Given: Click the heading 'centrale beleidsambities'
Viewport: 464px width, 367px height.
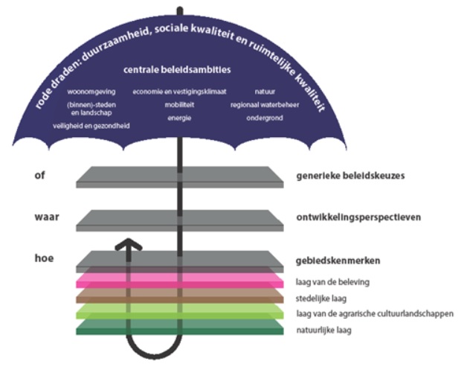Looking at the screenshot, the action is click(x=177, y=70).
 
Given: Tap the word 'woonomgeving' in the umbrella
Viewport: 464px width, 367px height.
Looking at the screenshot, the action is click(x=91, y=92).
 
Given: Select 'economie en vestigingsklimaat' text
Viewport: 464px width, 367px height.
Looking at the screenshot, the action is click(x=179, y=92).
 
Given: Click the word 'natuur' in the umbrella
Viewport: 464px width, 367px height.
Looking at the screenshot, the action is click(x=265, y=92).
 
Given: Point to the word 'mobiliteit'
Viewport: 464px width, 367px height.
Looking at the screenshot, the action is click(x=179, y=105).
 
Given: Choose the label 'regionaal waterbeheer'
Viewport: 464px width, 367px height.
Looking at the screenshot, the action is click(x=265, y=105).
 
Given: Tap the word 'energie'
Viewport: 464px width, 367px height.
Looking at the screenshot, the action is click(x=179, y=118).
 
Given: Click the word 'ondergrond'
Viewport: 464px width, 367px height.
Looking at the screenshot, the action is click(x=265, y=118).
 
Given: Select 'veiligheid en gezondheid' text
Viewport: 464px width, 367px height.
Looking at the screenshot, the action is click(x=91, y=126).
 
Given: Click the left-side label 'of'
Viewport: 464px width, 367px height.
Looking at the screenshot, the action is click(x=39, y=175).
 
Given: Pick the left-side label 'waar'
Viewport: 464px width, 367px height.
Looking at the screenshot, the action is click(x=47, y=217).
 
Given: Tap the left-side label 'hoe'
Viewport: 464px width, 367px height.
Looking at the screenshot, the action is click(x=44, y=258).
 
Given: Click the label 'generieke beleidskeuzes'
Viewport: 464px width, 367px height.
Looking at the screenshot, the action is click(x=350, y=176).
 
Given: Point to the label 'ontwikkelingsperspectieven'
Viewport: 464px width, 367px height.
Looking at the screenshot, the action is click(x=358, y=217).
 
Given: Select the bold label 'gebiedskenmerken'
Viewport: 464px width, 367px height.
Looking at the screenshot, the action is click(x=338, y=261).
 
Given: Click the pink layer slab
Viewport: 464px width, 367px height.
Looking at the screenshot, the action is click(x=180, y=280).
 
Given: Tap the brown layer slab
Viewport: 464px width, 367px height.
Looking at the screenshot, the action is click(x=180, y=296).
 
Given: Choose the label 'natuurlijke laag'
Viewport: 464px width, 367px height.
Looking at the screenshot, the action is click(x=323, y=330).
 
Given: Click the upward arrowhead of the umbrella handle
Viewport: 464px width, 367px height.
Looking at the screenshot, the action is click(x=129, y=245).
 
